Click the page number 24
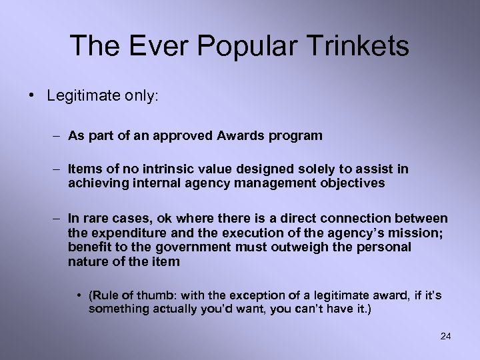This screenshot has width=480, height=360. pos(445,336)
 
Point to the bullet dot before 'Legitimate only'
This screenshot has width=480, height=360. pos(33,95)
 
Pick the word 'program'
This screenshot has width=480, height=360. pos(297,137)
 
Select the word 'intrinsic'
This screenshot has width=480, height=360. pos(167,170)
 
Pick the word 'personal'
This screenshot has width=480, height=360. pos(379,247)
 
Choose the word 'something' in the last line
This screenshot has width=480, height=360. pos(115,309)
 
